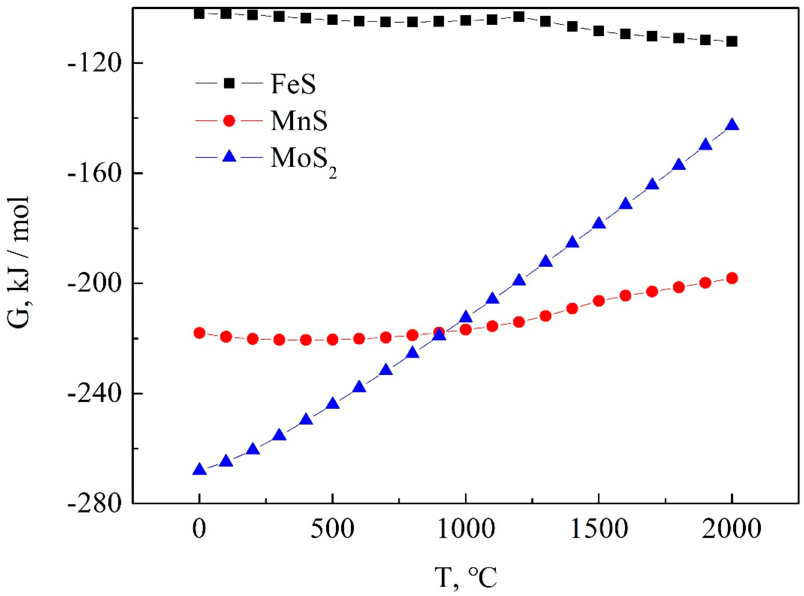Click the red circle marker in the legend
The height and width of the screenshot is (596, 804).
point(229,121)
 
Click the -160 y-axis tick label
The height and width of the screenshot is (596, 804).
point(95,173)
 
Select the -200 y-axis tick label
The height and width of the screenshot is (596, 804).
point(95,284)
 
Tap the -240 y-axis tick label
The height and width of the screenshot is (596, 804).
point(95,394)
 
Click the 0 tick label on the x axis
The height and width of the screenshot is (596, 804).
point(199,530)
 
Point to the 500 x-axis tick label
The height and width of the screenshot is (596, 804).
point(332,530)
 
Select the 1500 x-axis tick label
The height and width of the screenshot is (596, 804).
point(598,530)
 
